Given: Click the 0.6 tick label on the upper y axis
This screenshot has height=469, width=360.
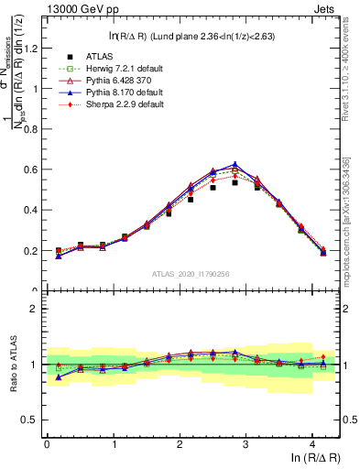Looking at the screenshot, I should (33, 169).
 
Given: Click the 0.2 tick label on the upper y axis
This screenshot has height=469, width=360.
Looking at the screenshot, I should (33, 250).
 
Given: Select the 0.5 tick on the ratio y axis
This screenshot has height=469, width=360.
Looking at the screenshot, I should (33, 420).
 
